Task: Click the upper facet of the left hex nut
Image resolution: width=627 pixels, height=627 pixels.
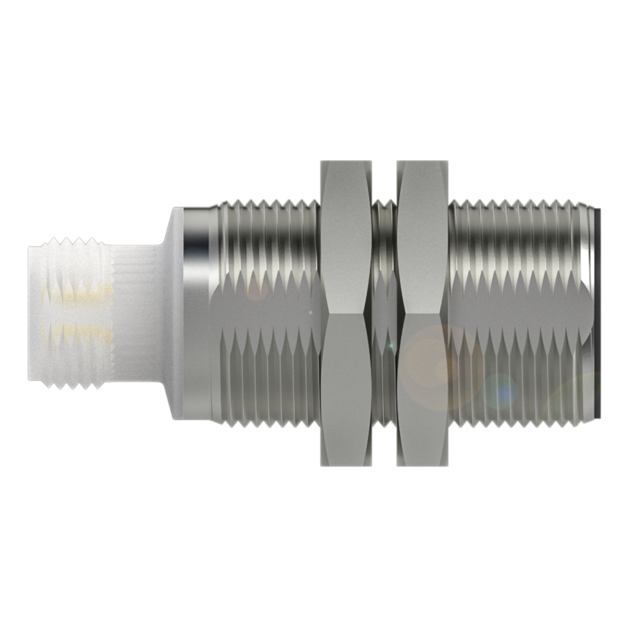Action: (x=345, y=235)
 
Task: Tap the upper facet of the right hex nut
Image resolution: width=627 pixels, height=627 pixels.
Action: (x=422, y=235)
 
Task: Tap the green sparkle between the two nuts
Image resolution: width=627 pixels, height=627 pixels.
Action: (x=390, y=346)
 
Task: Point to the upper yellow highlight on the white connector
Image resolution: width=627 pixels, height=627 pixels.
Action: (x=78, y=294)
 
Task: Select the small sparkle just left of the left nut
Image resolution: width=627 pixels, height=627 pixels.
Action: (x=310, y=312)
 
